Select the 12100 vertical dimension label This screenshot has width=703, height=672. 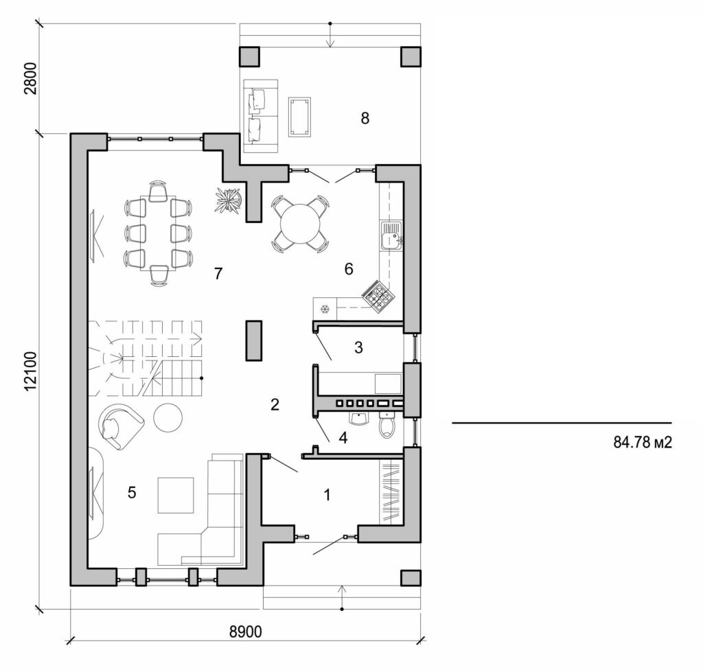[30, 371]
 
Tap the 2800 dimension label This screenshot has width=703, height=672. [30, 80]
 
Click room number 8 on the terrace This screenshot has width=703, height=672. [365, 118]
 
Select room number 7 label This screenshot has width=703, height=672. [218, 274]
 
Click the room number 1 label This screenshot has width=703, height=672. [327, 494]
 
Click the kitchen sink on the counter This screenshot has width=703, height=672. [392, 237]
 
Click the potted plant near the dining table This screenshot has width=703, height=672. [227, 200]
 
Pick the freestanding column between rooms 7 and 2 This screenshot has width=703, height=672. [254, 340]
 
